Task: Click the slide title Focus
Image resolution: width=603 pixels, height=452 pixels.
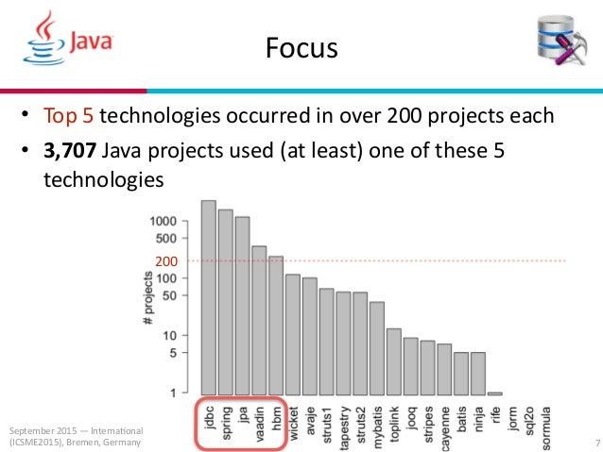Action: pyautogui.click(x=300, y=45)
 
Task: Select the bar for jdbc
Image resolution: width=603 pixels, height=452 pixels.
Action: pyautogui.click(x=209, y=297)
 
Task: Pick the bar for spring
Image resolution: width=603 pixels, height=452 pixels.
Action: pyautogui.click(x=226, y=302)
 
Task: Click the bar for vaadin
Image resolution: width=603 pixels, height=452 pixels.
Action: pyautogui.click(x=259, y=320)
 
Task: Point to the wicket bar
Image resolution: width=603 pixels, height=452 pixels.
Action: pyautogui.click(x=293, y=334)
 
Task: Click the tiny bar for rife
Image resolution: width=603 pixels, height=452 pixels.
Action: pyautogui.click(x=494, y=393)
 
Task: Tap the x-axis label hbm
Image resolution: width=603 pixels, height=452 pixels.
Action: pyautogui.click(x=276, y=421)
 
